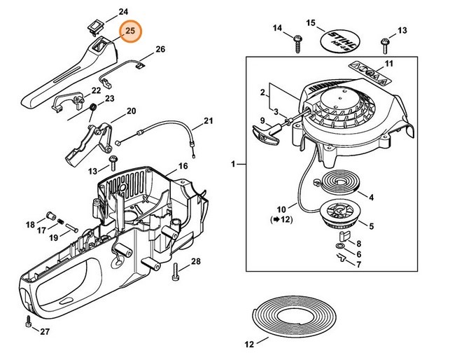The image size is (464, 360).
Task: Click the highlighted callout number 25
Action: tap(129, 32)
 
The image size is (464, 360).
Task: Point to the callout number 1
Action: tap(233, 164)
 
